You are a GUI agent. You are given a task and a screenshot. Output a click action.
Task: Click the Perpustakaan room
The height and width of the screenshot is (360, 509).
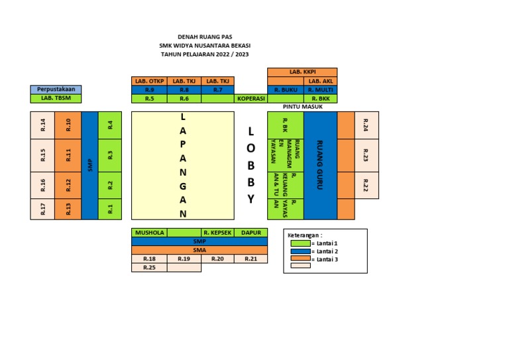pyautogui.click(x=56, y=90)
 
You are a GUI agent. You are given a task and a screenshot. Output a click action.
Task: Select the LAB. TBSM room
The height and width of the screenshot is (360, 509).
pyautogui.click(x=56, y=98)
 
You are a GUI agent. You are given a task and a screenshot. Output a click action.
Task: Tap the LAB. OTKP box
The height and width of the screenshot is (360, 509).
pyautogui.click(x=149, y=81)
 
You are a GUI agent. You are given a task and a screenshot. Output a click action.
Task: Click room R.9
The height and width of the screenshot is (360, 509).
pyautogui.click(x=149, y=90)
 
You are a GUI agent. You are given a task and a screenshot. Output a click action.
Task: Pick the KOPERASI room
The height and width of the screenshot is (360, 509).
pyautogui.click(x=251, y=98)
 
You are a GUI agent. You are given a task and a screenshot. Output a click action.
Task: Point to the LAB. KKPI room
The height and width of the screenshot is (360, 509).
pyautogui.click(x=302, y=72)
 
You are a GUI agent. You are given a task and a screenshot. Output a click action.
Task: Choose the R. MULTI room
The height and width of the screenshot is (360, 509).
pyautogui.click(x=320, y=90)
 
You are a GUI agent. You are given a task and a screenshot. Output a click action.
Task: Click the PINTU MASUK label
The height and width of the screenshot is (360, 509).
pyautogui.click(x=302, y=106)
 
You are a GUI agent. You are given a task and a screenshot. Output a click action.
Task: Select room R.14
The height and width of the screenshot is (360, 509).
pyautogui.click(x=42, y=125)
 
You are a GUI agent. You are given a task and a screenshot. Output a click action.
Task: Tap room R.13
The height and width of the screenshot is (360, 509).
pyautogui.click(x=68, y=209)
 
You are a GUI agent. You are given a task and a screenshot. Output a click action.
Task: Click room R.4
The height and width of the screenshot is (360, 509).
pyautogui.click(x=111, y=125)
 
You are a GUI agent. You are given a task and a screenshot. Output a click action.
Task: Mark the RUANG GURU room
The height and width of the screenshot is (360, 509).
pyautogui.click(x=320, y=165)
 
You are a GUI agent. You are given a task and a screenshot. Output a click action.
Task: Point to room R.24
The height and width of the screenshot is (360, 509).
pyautogui.click(x=367, y=125)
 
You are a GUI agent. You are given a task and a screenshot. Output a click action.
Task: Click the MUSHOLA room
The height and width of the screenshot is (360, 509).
pyautogui.click(x=149, y=233)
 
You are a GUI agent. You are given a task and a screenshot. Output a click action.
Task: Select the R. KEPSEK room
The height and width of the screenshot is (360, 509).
pyautogui.click(x=217, y=233)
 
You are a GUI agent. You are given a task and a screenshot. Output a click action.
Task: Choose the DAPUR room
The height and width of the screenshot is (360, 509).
pyautogui.click(x=251, y=233)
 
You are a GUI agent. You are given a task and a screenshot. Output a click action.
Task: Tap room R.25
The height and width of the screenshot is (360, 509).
pyautogui.click(x=149, y=268)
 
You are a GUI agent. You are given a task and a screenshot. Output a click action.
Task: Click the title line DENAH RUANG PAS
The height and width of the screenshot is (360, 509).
pyautogui.click(x=204, y=36)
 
